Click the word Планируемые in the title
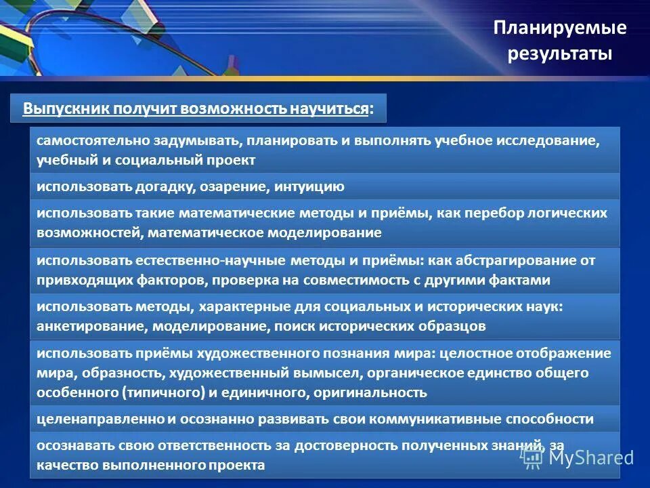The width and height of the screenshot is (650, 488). click(x=560, y=28)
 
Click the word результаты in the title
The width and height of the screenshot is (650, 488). click(x=560, y=54)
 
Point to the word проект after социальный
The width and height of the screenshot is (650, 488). click(x=230, y=161)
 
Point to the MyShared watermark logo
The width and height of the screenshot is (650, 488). click(x=578, y=457)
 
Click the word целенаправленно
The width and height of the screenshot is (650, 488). click(x=97, y=419)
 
